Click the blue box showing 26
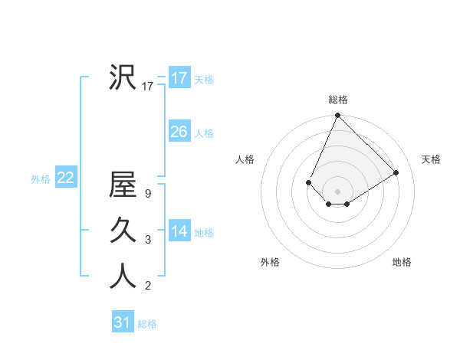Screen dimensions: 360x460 179,132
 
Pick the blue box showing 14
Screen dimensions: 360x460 179,231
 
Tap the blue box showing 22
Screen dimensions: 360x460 66,178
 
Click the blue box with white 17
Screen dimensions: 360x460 179,78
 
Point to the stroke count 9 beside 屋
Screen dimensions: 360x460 147,194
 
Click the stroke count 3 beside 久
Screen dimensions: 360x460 147,240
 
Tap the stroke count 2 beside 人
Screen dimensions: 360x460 147,286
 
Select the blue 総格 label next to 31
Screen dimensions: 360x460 147,324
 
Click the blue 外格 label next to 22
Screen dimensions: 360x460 41,179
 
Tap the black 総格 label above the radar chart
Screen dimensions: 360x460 338,100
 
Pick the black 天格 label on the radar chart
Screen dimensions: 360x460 431,159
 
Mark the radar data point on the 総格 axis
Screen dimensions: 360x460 337,116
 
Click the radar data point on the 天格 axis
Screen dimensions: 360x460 396,172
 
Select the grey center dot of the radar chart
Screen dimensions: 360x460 337,191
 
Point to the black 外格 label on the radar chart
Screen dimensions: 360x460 270,262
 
